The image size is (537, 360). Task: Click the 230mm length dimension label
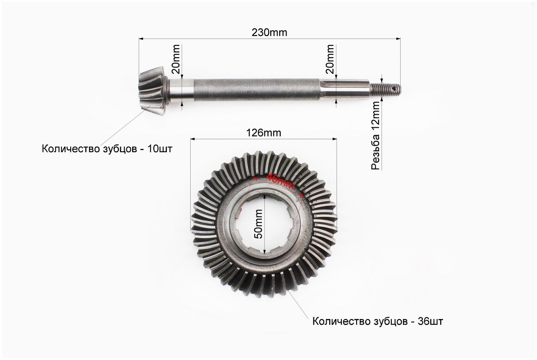point(269,32)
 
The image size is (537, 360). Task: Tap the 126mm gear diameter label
point(264,133)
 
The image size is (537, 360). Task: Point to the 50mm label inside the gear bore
point(259,224)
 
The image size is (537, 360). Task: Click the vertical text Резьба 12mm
point(376,135)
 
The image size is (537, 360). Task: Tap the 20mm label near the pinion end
point(175,59)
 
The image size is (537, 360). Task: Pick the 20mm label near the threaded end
point(330,59)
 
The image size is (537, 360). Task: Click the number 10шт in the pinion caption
point(160,149)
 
